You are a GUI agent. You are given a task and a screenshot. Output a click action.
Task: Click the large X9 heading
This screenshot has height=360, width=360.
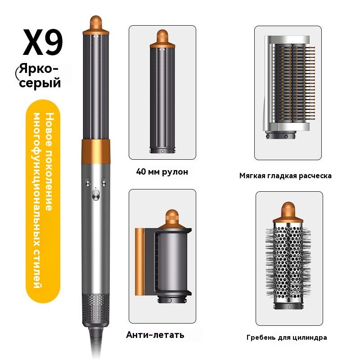coord(43,42)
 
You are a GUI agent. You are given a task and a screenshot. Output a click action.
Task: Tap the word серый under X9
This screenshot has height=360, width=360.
coord(40,83)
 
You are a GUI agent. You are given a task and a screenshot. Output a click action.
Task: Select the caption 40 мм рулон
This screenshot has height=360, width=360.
coord(162,172)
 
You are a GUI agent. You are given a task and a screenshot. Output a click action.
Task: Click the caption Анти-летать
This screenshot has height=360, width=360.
coord(155,335)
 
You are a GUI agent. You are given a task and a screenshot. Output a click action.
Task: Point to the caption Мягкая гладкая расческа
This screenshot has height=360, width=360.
coord(285,176)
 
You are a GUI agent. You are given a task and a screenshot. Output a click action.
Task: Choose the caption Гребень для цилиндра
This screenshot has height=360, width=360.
coord(287,338)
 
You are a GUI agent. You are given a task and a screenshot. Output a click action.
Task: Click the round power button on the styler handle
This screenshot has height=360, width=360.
coord(96,196)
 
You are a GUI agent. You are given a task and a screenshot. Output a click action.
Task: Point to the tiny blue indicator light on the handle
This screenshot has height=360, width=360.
coord(96,188)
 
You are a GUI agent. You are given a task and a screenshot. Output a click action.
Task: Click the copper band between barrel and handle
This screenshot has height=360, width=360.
coord(96,151)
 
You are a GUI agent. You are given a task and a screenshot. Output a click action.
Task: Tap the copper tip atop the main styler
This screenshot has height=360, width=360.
coord(96,25)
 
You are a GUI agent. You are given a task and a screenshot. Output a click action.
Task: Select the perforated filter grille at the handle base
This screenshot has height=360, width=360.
coord(96,309)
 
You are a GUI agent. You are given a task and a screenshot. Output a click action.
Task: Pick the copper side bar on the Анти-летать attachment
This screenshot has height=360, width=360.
coord(139,262)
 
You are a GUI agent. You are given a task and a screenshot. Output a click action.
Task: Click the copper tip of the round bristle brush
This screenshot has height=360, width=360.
coord(288,211)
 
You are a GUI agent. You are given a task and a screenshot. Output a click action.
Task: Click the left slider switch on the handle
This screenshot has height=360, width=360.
coord(88,181)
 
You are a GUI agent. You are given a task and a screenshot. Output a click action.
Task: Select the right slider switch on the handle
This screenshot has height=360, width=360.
coord(103,181)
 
